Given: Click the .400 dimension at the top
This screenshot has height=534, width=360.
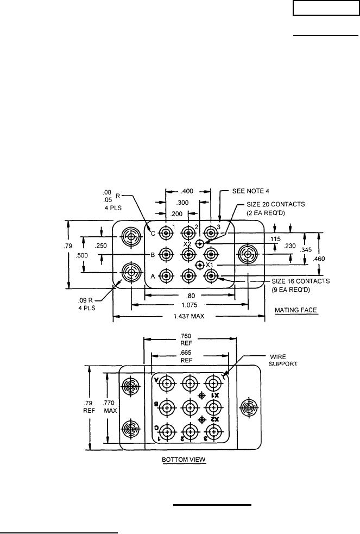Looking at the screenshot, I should (187, 191).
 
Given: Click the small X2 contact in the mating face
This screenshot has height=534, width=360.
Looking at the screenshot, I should (199, 243).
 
